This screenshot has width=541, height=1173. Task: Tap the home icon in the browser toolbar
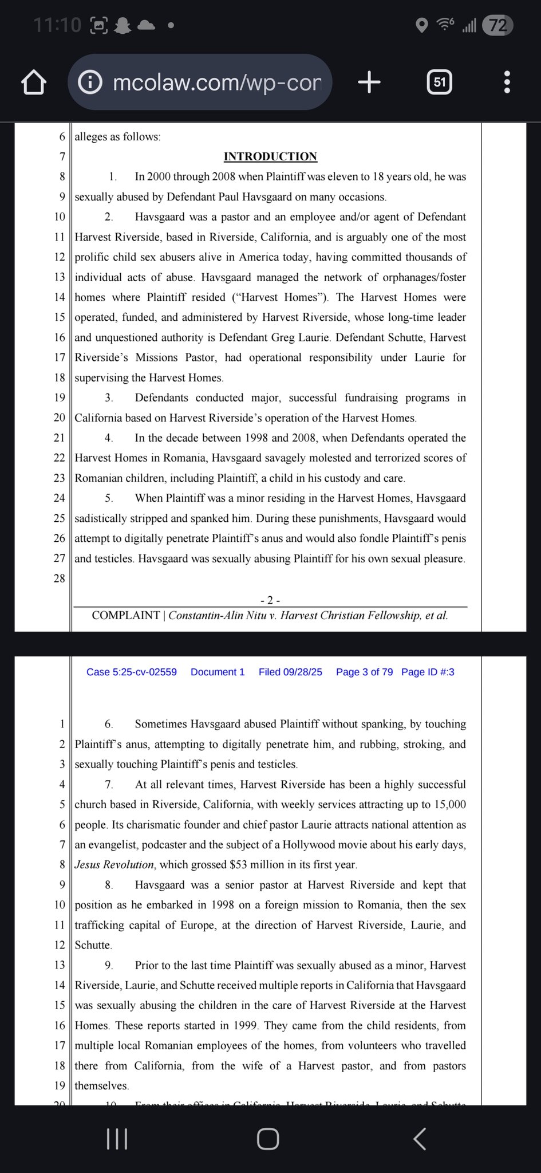34,82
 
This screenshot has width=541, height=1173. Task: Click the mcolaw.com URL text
217,82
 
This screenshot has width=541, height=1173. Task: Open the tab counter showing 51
439,82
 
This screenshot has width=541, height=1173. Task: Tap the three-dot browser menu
507,82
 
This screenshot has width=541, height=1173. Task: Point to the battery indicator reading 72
497,25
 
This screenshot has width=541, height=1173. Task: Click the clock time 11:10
57,25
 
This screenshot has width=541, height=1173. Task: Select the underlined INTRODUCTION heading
270,157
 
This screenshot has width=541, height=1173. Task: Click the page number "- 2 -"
270,600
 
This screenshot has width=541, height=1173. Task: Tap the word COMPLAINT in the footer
126,616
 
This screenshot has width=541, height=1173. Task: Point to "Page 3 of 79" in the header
364,672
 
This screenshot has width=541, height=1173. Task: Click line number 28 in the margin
60,578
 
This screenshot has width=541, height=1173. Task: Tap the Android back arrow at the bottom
420,1139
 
